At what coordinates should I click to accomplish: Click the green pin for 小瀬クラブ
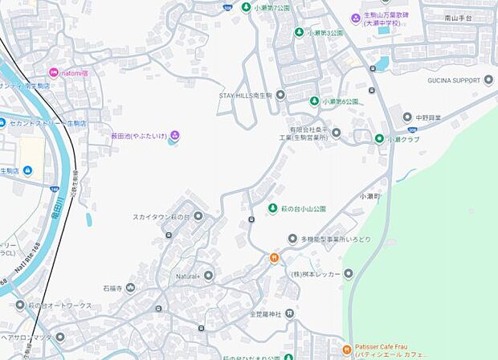pos(379,138)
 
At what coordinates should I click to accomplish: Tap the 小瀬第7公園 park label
pos(271,8)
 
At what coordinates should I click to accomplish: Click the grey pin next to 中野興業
pos(407,117)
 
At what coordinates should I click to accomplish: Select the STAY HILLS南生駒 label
pos(247,96)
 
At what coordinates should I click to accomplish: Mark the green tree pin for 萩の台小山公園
pos(273,209)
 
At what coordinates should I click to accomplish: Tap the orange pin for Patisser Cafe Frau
pos(347,350)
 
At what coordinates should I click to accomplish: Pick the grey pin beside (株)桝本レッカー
pos(349,274)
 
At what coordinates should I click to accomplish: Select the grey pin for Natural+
pos(209,276)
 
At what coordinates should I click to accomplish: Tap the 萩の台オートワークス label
pos(59,305)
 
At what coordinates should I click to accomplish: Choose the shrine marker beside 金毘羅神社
pos(289,313)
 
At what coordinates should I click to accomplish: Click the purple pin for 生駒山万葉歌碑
pos(356,18)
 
